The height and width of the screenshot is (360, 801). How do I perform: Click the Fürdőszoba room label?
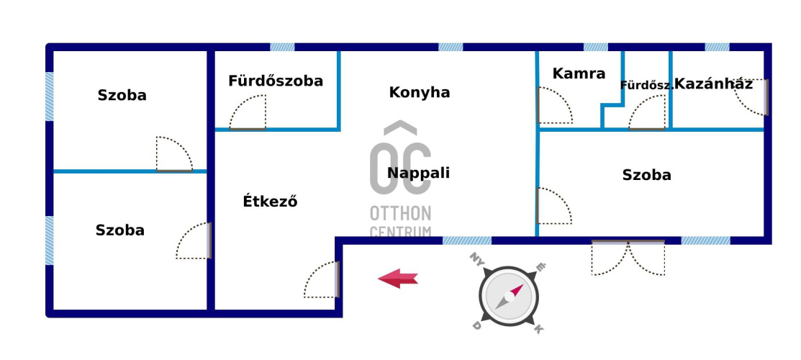coord(276,81)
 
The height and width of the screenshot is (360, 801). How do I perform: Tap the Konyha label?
coord(420,92)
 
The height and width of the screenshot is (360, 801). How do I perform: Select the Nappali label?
coord(418,173)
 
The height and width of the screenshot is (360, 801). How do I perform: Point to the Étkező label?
coord(270,202)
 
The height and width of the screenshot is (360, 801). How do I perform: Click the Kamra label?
coord(579,73)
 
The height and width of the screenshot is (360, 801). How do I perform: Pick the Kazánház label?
coord(714,84)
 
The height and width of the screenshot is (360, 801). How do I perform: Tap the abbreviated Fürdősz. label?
coord(646,85)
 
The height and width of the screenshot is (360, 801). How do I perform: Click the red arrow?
coord(398,278)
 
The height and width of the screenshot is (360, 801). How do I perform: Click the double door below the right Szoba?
coord(628,258)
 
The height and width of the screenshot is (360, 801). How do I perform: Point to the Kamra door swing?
coord(554,107)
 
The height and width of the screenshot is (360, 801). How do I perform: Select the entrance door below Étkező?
coord(322,280)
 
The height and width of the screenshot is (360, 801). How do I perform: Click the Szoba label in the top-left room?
coord(122,95)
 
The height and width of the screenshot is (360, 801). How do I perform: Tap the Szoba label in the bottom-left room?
coord(119,230)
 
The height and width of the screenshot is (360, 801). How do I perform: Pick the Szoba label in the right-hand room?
coord(646,175)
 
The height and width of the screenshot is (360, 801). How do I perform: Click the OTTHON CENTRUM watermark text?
coord(401,222)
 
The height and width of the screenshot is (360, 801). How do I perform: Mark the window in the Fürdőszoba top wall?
coord(282,47)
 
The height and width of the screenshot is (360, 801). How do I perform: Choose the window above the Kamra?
coord(595,47)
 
